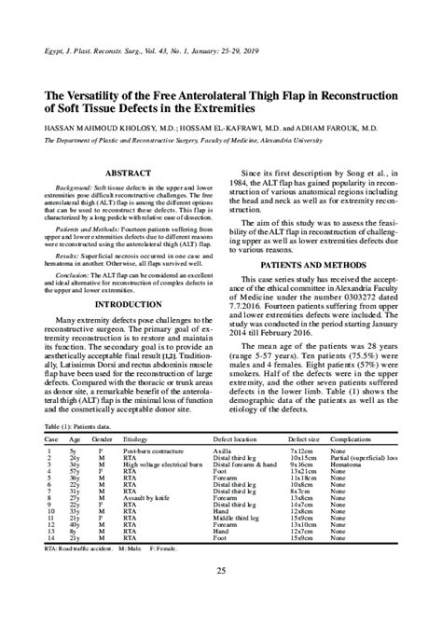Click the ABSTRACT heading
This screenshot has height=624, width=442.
point(130,173)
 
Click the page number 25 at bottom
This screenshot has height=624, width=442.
point(221,571)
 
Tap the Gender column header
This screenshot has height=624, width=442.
point(103,438)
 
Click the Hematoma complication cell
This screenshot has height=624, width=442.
point(347,465)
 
